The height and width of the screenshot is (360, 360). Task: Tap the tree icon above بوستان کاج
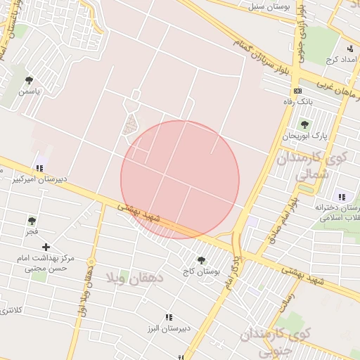pos(202,260)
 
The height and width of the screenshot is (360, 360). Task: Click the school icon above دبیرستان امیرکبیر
pos(39,168)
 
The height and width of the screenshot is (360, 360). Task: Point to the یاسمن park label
pos(30,91)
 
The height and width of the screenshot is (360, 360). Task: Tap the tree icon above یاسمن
pos(30,81)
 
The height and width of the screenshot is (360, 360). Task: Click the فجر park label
pos(32,231)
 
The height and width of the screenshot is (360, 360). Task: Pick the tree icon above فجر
pos(32,221)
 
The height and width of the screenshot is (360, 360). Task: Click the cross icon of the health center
pos(46,247)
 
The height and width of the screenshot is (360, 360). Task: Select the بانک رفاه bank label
pos(297,102)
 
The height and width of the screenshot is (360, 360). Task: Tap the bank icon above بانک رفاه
pos(297,91)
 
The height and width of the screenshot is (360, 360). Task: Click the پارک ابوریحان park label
pos(305,135)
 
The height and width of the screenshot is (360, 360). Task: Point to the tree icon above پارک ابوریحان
pos(304,124)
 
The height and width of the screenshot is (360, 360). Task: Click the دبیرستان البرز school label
pos(169,329)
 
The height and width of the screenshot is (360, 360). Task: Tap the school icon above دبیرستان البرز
pos(168,318)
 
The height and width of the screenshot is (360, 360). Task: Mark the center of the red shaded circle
pos(180,180)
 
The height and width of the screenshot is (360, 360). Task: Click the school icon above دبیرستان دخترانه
pos(342,197)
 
